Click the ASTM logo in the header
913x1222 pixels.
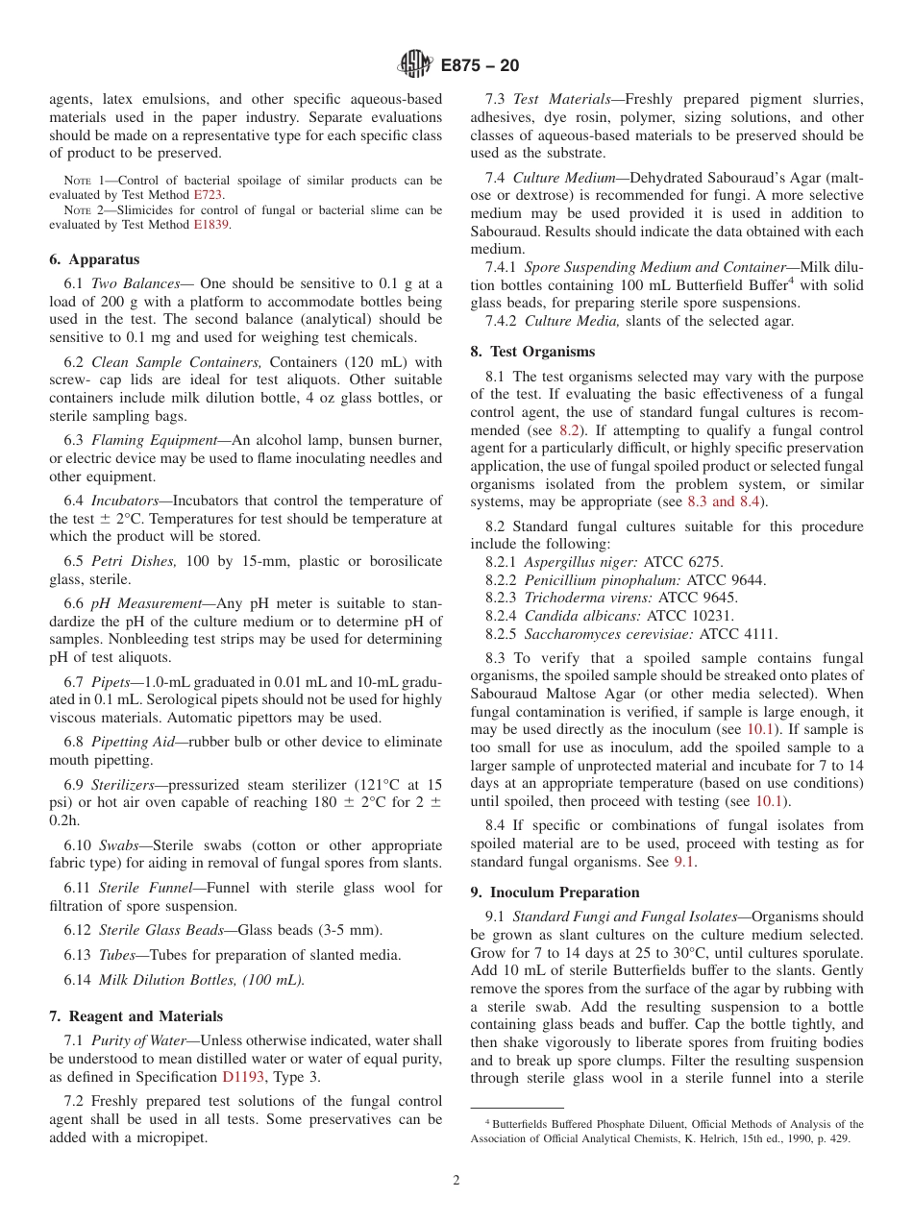[x=415, y=65]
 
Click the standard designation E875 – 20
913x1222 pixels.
[x=480, y=66]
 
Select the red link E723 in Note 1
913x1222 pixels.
[x=208, y=194]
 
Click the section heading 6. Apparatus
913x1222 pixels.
[x=94, y=259]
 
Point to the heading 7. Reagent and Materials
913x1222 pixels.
[x=136, y=1016]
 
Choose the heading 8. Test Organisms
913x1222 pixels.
[x=532, y=352]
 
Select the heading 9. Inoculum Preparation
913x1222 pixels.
[x=555, y=892]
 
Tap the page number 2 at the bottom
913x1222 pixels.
[x=456, y=1181]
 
